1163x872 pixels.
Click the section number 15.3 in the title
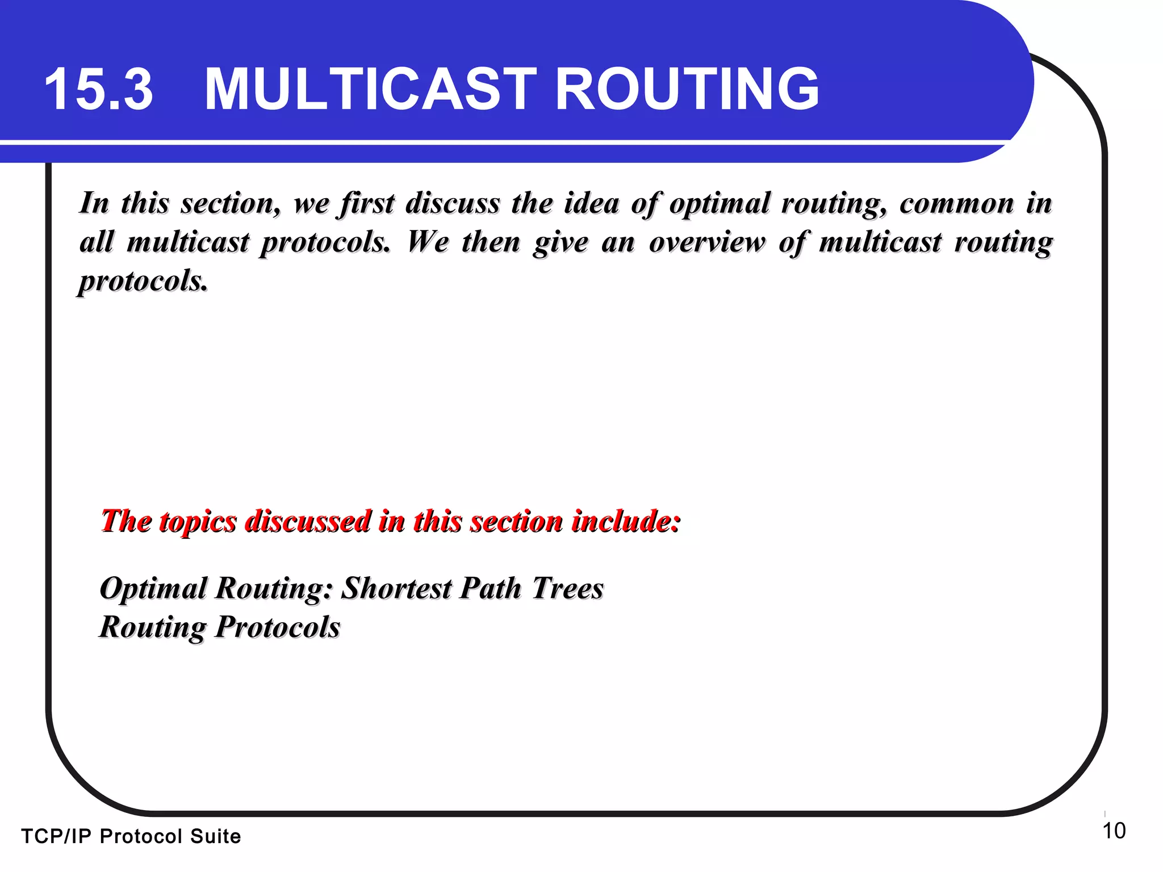(x=99, y=90)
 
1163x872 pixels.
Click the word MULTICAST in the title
(x=370, y=90)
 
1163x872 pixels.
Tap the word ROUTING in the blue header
(x=687, y=90)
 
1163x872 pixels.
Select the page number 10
(x=1114, y=831)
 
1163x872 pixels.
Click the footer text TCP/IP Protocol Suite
(x=131, y=836)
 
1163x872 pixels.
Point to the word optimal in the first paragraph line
(x=719, y=203)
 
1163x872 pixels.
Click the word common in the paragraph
(x=956, y=203)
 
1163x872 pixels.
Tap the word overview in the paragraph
(x=707, y=242)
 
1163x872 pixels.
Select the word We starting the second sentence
(x=428, y=242)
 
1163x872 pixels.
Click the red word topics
(x=198, y=521)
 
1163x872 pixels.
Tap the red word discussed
(x=308, y=521)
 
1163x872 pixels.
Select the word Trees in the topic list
(x=567, y=588)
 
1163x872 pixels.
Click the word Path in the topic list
(x=490, y=588)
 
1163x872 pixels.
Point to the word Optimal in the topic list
(x=153, y=588)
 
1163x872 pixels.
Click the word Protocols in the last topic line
(x=278, y=627)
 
